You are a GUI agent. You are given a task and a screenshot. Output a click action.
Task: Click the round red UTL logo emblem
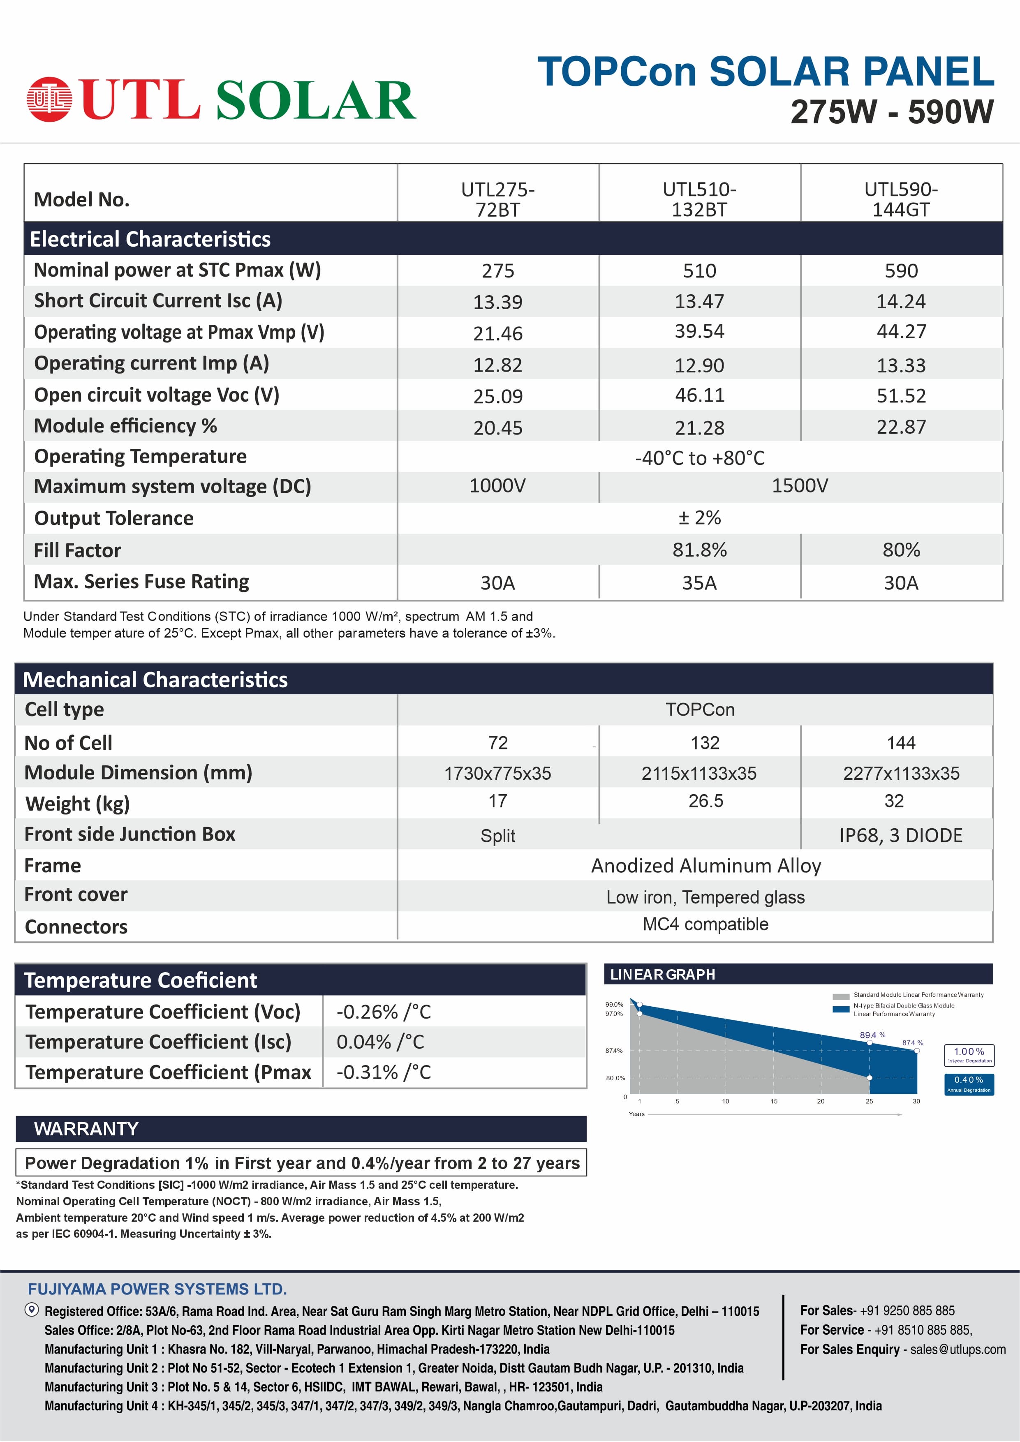pos(49,99)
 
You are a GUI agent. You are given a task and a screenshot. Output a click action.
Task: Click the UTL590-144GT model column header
pos(901,199)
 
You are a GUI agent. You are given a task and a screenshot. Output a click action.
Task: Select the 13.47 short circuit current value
pos(699,301)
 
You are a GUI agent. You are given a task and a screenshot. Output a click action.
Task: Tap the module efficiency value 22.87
pos(901,427)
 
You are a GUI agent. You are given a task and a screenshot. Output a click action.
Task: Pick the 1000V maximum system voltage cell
pos(497,485)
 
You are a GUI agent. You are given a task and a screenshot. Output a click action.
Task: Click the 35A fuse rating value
pos(699,583)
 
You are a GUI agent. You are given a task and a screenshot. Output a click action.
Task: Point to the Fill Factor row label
pos(77,550)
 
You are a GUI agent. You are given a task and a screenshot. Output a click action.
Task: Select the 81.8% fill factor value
pos(699,550)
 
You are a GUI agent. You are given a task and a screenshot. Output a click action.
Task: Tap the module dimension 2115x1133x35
pos(699,773)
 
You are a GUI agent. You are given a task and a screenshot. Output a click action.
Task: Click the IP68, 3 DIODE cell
pos(901,835)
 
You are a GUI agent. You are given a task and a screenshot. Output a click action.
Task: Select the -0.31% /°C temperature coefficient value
pos(384,1072)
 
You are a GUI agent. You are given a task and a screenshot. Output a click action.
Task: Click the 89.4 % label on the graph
pos(872,1034)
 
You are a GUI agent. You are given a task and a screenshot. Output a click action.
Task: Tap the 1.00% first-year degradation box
pos(969,1054)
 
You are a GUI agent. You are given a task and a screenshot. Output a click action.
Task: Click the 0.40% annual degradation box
pos(969,1083)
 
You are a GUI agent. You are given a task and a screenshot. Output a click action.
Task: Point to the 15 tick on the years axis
pos(774,1101)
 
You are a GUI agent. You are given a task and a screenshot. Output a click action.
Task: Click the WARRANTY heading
pos(86,1129)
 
